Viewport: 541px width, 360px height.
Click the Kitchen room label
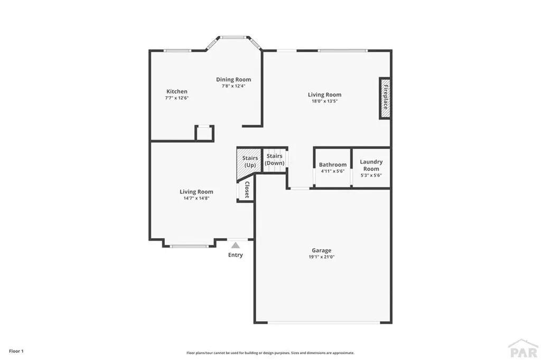point(176,91)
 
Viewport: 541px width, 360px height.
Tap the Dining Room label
point(234,80)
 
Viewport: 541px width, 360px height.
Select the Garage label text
point(321,250)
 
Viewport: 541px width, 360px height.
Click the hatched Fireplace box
point(385,99)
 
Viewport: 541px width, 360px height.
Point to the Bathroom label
point(333,165)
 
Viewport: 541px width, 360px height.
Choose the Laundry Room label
point(371,165)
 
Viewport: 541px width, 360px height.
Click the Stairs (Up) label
point(250,162)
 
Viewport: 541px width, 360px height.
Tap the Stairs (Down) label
point(275,159)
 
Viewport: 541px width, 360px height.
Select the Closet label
point(246,190)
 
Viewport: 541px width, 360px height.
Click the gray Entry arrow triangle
point(236,244)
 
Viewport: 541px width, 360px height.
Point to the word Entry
point(236,255)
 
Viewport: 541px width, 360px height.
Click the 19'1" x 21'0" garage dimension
point(321,257)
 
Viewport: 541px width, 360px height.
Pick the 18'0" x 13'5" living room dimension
point(325,101)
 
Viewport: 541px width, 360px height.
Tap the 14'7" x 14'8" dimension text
point(197,198)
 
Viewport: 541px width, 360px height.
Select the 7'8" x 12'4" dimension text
point(234,86)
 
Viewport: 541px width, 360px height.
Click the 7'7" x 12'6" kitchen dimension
point(176,98)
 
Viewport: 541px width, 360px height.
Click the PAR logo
point(523,349)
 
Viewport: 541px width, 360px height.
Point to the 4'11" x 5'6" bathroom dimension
point(333,172)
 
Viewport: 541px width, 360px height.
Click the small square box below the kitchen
point(204,133)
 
